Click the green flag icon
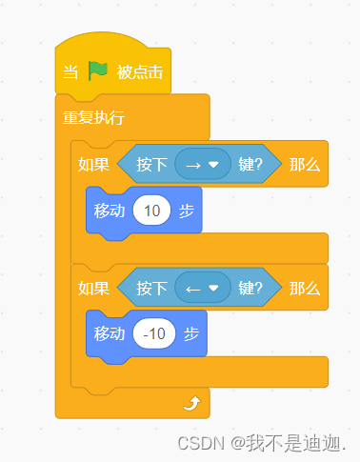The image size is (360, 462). point(99,71)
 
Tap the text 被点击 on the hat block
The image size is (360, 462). point(138,72)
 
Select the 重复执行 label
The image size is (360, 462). point(93,119)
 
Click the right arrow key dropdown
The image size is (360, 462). point(203,164)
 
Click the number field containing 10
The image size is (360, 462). point(151,210)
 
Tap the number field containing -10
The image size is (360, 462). point(153,333)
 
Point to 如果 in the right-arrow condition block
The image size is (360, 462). point(93,164)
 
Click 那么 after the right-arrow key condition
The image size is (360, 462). point(304,164)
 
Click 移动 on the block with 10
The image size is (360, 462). point(110,210)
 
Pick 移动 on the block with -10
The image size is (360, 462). point(110,333)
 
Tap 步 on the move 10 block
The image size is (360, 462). point(188,210)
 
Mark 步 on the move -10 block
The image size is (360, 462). point(191,333)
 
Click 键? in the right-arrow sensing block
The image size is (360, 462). point(250,164)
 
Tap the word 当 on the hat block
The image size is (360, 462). point(70,72)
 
